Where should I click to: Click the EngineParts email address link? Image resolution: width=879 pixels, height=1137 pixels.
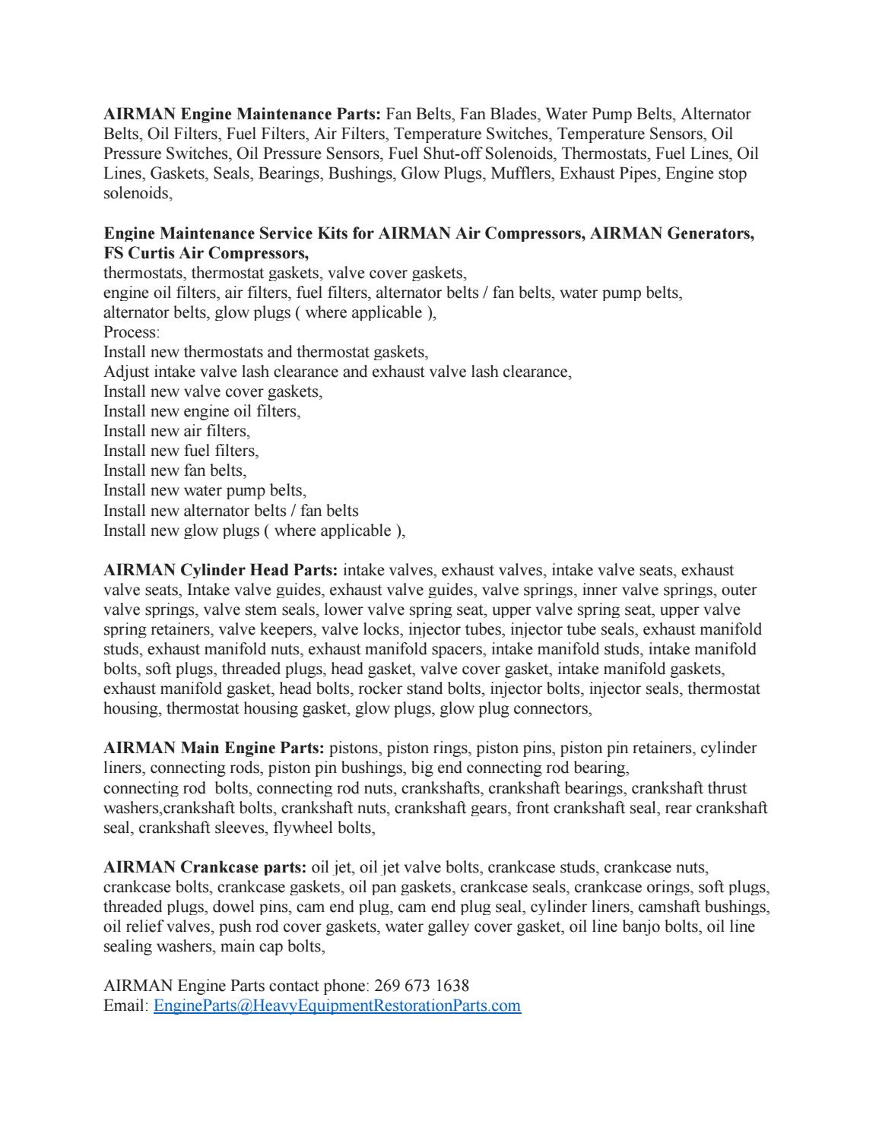(x=337, y=1006)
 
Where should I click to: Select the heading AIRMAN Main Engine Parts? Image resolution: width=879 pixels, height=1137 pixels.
(x=214, y=748)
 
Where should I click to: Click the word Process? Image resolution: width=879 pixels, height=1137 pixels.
(x=131, y=332)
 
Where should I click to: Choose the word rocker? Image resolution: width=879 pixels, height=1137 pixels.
(x=380, y=689)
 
